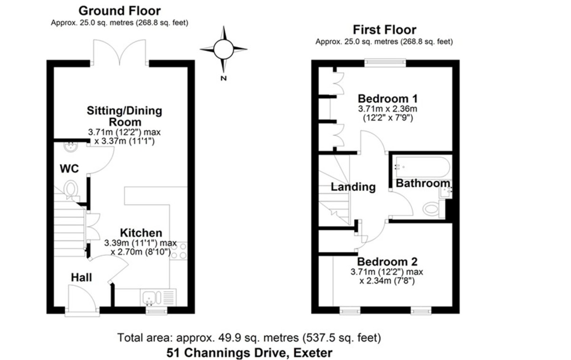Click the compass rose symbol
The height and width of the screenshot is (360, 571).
pyautogui.click(x=223, y=49)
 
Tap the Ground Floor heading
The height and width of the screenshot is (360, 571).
pyautogui.click(x=119, y=10)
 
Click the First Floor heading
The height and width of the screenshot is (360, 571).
pyautogui.click(x=384, y=29)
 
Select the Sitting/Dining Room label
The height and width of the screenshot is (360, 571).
pyautogui.click(x=124, y=116)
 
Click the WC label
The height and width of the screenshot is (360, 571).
pyautogui.click(x=69, y=168)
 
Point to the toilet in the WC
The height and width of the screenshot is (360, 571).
pyautogui.click(x=71, y=189)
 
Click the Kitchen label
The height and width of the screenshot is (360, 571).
pyautogui.click(x=141, y=233)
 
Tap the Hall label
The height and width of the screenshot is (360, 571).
pyautogui.click(x=81, y=277)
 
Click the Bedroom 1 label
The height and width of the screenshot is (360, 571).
pyautogui.click(x=388, y=99)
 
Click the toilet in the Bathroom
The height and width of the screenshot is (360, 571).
pyautogui.click(x=432, y=208)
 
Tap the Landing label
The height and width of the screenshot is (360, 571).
pyautogui.click(x=353, y=187)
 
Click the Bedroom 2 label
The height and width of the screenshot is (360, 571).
pyautogui.click(x=387, y=262)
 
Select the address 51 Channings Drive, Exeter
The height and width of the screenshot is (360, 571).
pyautogui.click(x=249, y=353)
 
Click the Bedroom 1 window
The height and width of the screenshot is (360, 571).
pyautogui.click(x=385, y=62)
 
